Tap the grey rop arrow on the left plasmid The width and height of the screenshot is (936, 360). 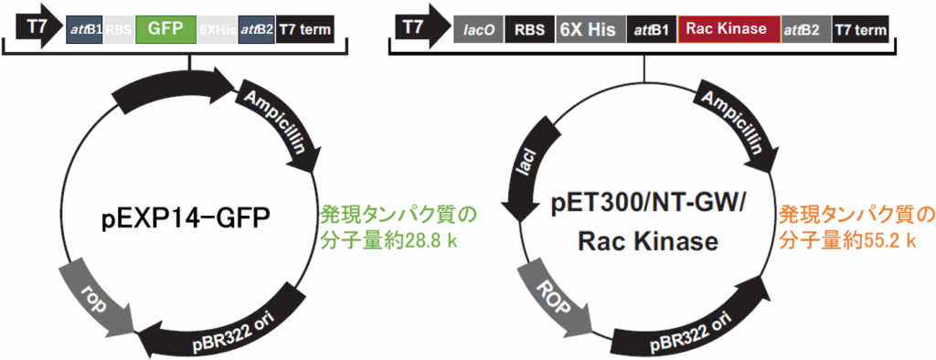(95, 293)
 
